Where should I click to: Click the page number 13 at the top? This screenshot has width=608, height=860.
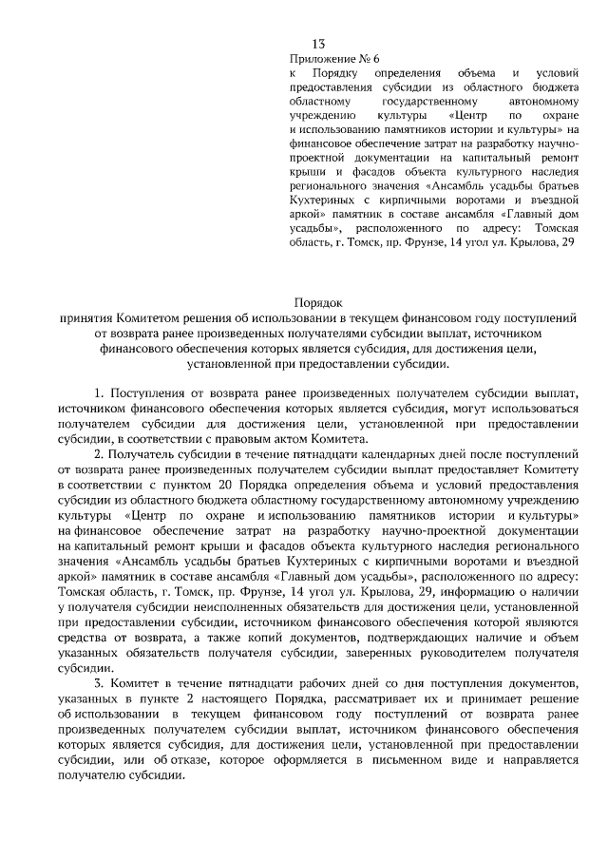(x=319, y=44)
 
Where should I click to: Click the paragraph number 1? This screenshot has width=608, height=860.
(x=99, y=392)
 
